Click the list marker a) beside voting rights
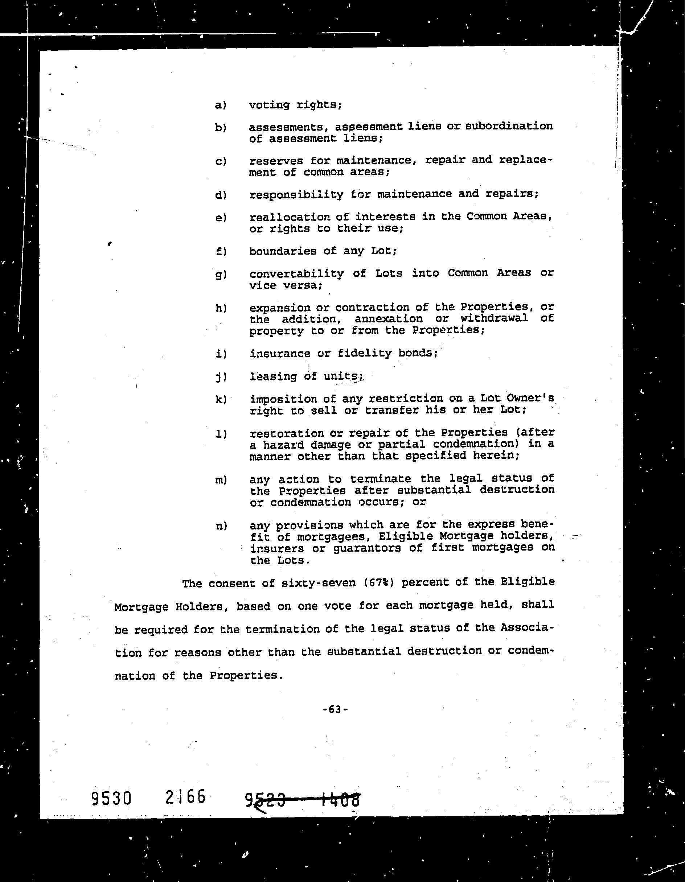point(220,106)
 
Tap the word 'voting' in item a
point(269,106)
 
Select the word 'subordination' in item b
point(509,127)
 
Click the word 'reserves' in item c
point(276,161)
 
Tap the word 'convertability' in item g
point(296,274)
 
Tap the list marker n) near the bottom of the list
point(221,526)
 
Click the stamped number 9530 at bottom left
point(111,798)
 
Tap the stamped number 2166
point(185,797)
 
